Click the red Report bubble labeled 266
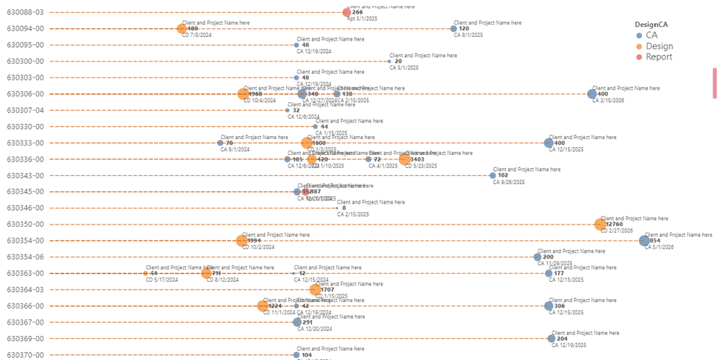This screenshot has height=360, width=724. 347,12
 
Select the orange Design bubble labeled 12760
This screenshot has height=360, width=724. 600,225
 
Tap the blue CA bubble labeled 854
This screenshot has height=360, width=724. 644,240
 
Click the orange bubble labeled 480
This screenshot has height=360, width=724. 182,29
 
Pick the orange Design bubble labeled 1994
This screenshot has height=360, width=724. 241,240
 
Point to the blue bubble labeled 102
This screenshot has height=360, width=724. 493,175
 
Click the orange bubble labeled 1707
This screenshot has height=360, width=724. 315,290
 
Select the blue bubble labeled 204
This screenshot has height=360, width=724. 552,338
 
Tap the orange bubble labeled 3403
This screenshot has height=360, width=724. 404,159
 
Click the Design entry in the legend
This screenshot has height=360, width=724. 659,46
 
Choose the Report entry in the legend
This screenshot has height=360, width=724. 659,56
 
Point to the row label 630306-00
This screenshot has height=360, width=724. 25,94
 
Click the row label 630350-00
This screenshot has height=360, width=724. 25,225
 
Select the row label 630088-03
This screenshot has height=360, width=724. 25,12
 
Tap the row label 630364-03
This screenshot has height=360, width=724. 25,290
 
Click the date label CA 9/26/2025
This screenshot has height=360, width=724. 508,183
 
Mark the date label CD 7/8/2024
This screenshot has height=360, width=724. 196,35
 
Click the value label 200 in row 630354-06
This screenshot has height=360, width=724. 548,257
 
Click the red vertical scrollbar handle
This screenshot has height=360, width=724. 715,83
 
